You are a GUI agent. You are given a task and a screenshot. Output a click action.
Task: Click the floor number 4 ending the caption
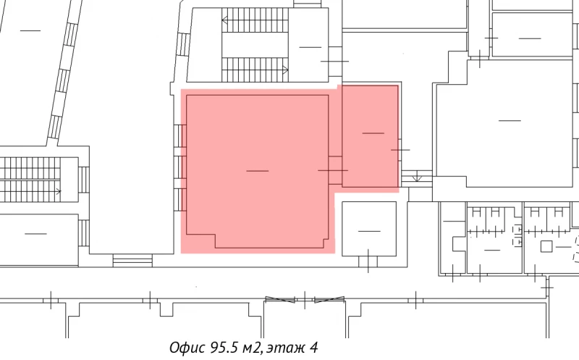click(313, 347)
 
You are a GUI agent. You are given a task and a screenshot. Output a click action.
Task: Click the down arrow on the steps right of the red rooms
click(417, 178)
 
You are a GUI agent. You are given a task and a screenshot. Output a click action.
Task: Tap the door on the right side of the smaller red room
click(400, 149)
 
